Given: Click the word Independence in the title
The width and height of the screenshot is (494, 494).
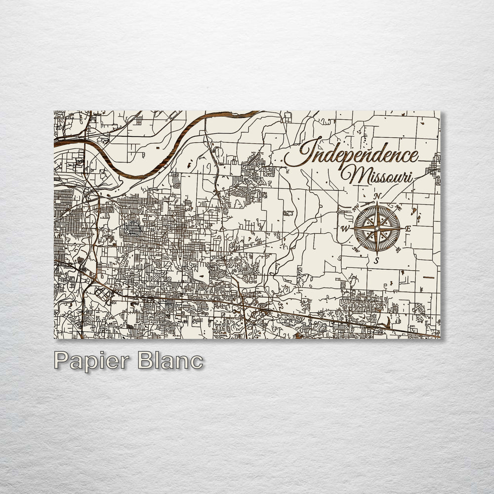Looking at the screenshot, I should pos(352,154).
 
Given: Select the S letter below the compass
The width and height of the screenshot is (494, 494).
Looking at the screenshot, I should pos(376,260).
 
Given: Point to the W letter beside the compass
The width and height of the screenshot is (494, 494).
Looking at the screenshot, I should pos(344,229).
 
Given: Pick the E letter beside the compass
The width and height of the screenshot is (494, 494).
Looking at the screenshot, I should pos(408,229).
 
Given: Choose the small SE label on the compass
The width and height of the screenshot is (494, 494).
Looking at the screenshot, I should pos(398,250).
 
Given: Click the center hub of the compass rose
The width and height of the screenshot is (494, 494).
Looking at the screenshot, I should pos(376,229).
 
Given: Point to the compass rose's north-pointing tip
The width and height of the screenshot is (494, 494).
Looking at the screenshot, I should pos(376,204).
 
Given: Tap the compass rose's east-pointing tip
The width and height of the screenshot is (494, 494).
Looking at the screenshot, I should pos(401,229).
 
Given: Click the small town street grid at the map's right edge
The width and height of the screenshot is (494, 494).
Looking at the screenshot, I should pos(435,166).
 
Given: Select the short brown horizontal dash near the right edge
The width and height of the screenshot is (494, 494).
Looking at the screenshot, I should pos(428,277).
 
